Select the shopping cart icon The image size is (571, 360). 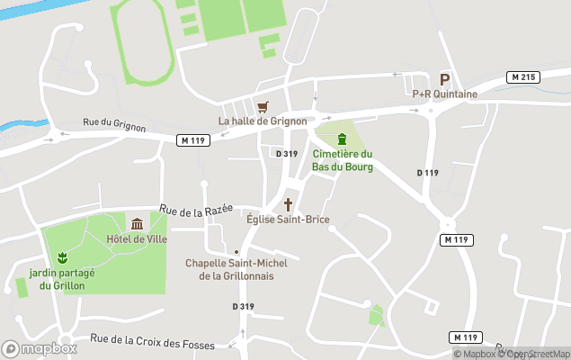point(263,106)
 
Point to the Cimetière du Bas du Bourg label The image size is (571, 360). point(342,160)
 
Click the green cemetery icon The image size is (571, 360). point(342,139)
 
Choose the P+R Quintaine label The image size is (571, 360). point(444,94)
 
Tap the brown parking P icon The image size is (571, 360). point(444,79)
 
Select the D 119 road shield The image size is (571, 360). point(427,173)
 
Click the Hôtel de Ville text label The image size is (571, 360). point(137,238)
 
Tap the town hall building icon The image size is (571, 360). point(137,224)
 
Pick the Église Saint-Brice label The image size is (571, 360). point(288,220)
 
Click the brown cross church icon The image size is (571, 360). point(289,204)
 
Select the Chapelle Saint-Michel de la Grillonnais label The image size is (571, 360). point(236,269)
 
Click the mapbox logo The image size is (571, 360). point(40,348)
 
